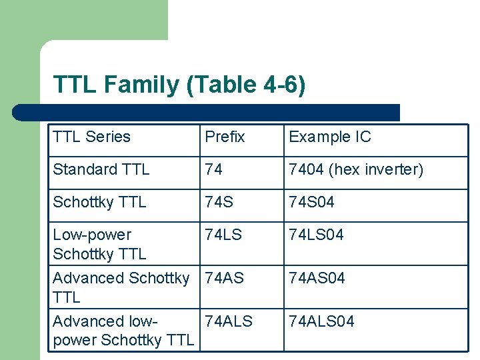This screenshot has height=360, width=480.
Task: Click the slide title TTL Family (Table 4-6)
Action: [x=179, y=85]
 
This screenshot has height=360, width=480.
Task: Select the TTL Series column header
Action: [x=91, y=137]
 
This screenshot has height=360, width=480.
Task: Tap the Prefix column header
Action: [x=225, y=137]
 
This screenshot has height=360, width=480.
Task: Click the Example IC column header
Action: [x=329, y=137]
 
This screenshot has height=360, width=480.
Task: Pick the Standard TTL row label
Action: [x=101, y=170]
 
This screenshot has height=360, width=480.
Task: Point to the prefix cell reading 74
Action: [x=214, y=170]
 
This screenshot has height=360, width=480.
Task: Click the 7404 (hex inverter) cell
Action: [x=355, y=170]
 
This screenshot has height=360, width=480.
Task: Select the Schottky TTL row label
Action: [x=99, y=202]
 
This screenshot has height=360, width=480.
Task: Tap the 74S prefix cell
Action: [x=219, y=202]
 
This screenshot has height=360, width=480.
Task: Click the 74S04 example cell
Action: [x=311, y=202]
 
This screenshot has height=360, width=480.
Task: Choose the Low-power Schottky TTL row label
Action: [x=99, y=244]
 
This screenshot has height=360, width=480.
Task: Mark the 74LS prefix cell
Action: [x=223, y=235]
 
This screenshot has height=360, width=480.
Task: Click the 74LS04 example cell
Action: [x=316, y=235]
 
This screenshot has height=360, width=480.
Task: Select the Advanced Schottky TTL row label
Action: [x=121, y=287]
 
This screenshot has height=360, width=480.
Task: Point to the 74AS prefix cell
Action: [x=225, y=278]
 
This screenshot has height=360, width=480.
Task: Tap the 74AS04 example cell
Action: [x=317, y=278]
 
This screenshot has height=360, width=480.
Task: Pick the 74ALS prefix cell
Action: [x=229, y=321]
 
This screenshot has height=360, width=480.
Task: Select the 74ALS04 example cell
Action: [x=321, y=321]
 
